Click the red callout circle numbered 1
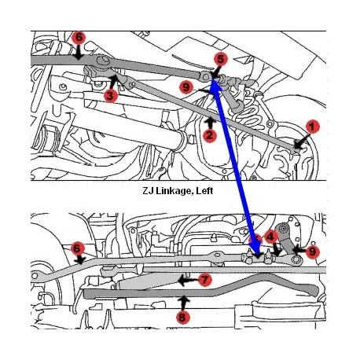click(312, 127)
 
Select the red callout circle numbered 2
click(209, 135)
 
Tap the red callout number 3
click(110, 96)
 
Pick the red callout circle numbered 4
click(270, 237)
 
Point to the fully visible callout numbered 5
click(221, 59)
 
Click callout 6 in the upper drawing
click(79, 38)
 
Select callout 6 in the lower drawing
click(77, 248)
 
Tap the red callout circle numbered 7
click(204, 280)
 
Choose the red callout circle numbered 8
click(183, 318)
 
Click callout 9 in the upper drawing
click(186, 87)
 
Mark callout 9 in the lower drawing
click(312, 252)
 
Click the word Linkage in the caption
click(174, 190)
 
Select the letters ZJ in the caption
click(149, 190)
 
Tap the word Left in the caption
click(204, 190)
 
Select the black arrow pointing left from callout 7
click(188, 281)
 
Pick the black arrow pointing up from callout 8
click(184, 303)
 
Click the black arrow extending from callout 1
click(300, 141)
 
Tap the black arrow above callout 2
click(210, 123)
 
